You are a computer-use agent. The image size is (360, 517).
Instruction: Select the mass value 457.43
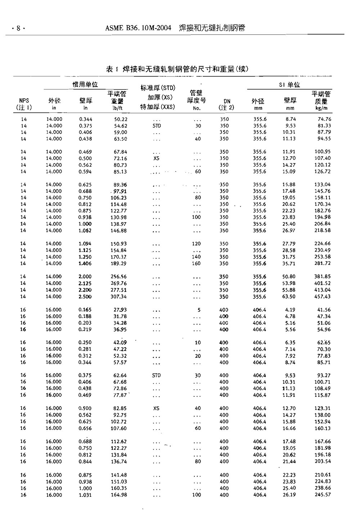[x=323, y=297]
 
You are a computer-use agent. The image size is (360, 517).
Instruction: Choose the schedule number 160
[x=196, y=264]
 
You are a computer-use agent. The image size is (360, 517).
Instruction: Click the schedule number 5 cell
[x=199, y=310]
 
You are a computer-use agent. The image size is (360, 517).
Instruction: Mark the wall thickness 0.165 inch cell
[x=85, y=310]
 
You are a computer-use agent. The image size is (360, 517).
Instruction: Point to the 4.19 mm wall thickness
[x=290, y=310]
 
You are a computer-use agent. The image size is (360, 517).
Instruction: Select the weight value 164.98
[x=118, y=495]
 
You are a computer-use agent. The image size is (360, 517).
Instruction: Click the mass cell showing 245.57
[x=323, y=495]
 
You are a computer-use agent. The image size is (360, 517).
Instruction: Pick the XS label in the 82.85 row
[x=156, y=408]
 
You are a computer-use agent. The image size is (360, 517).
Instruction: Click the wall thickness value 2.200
[x=85, y=290]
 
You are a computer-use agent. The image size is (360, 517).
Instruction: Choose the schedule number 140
[x=196, y=257]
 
